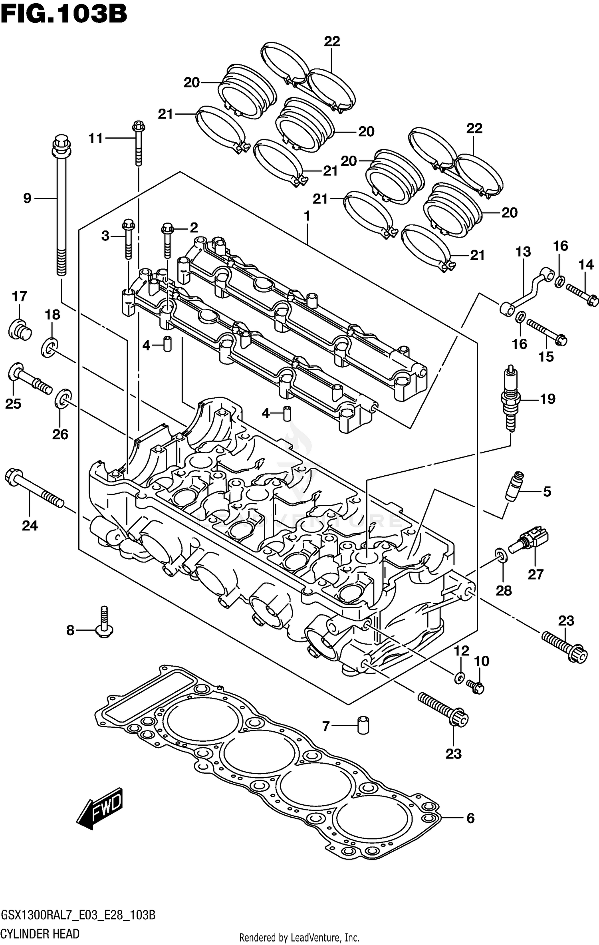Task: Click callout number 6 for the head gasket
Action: tap(470, 818)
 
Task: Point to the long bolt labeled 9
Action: tap(61, 208)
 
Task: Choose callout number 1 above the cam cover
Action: tap(307, 216)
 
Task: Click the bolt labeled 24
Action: tap(34, 488)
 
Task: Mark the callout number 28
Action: tap(504, 590)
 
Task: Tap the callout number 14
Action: tap(586, 264)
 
